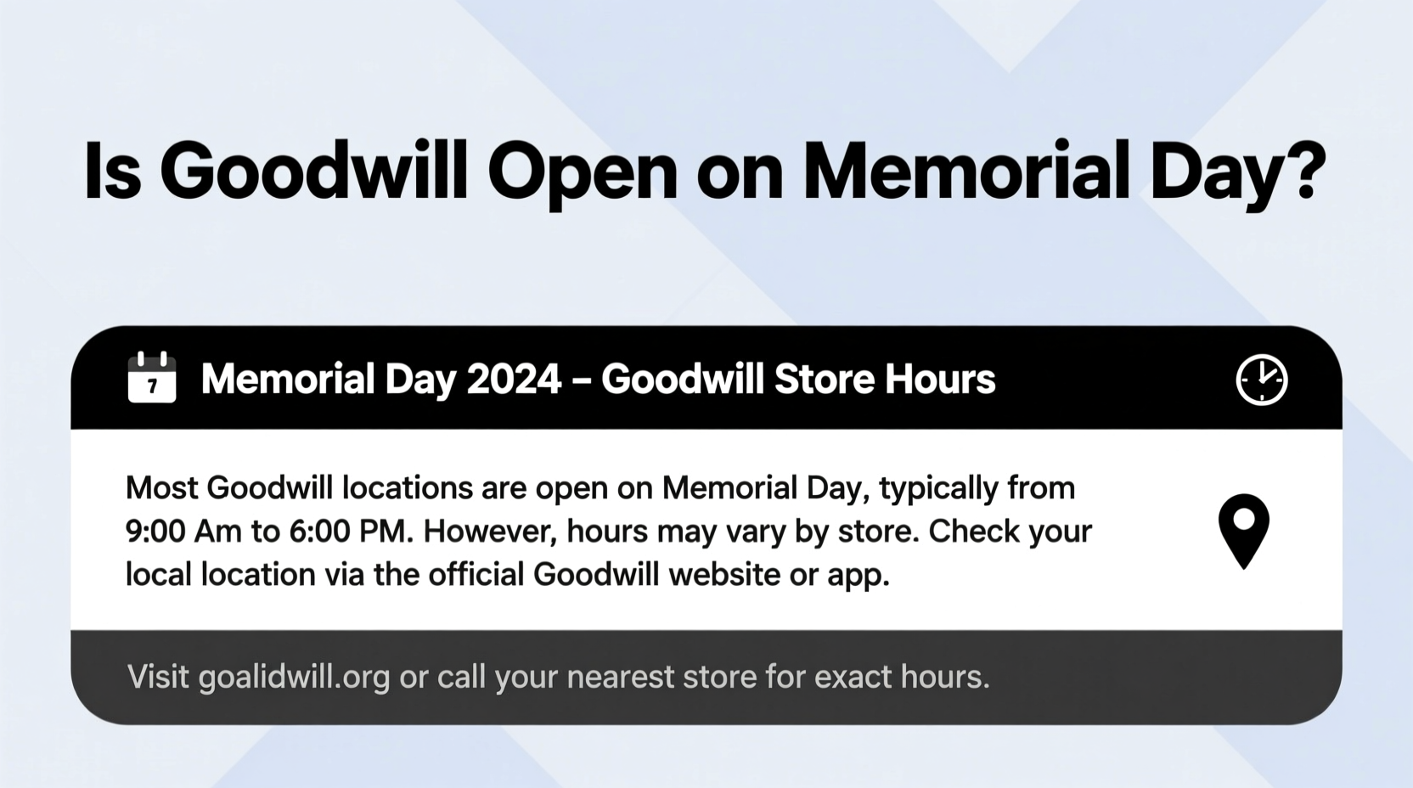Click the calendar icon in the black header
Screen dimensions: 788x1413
click(x=152, y=378)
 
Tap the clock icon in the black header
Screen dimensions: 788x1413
click(x=1261, y=380)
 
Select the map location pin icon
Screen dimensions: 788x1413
click(x=1243, y=530)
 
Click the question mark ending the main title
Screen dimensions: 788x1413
click(x=1300, y=173)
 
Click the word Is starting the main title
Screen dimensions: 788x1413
click(x=111, y=173)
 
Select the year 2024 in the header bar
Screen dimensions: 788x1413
click(x=514, y=379)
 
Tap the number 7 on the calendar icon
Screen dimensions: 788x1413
click(x=152, y=387)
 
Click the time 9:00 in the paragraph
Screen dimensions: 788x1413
click(x=155, y=532)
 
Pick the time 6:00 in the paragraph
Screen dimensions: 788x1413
click(x=319, y=532)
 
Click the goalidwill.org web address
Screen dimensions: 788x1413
click(x=294, y=678)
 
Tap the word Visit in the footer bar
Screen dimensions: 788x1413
click(x=158, y=678)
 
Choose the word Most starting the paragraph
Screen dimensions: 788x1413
click(x=161, y=488)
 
